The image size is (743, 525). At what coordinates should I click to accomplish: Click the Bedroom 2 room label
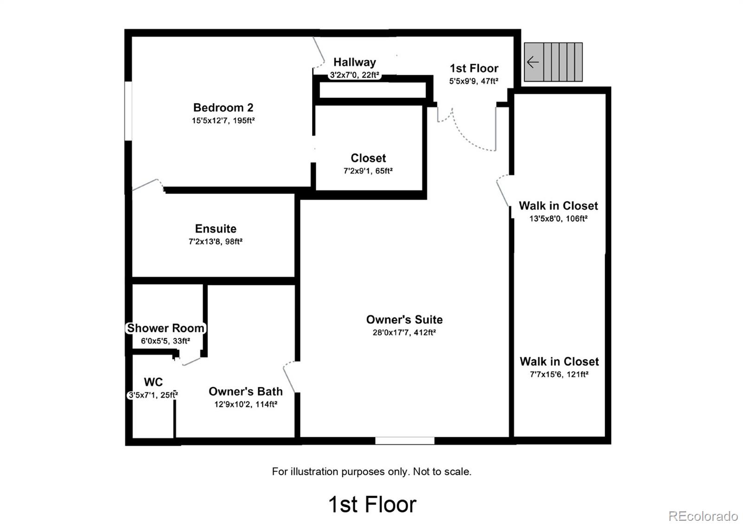223,107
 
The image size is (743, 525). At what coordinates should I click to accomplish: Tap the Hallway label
355,62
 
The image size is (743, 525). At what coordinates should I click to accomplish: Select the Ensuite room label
215,228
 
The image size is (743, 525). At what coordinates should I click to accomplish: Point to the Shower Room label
165,328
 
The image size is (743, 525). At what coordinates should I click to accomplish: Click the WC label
153,382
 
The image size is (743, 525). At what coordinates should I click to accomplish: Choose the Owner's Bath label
246,391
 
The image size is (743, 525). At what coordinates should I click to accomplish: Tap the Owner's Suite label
404,319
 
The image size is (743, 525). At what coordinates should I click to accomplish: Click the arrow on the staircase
533,62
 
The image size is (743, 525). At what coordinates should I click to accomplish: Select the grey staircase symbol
553,62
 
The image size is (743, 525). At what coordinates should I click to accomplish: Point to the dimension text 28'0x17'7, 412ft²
404,332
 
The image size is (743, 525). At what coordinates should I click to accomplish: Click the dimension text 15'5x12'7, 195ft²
223,120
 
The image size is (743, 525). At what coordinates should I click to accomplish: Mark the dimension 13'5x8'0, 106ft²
558,219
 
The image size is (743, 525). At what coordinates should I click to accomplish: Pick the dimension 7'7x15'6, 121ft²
559,375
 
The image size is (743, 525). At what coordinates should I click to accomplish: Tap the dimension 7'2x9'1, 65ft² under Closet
368,171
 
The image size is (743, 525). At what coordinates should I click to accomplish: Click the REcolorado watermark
703,516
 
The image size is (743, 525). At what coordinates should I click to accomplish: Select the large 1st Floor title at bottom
372,505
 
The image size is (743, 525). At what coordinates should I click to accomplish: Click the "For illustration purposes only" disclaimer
371,471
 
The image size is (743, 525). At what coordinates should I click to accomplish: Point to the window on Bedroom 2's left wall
128,111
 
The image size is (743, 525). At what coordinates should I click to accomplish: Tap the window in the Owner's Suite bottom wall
404,441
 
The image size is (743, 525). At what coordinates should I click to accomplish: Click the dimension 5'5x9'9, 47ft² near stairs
474,81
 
